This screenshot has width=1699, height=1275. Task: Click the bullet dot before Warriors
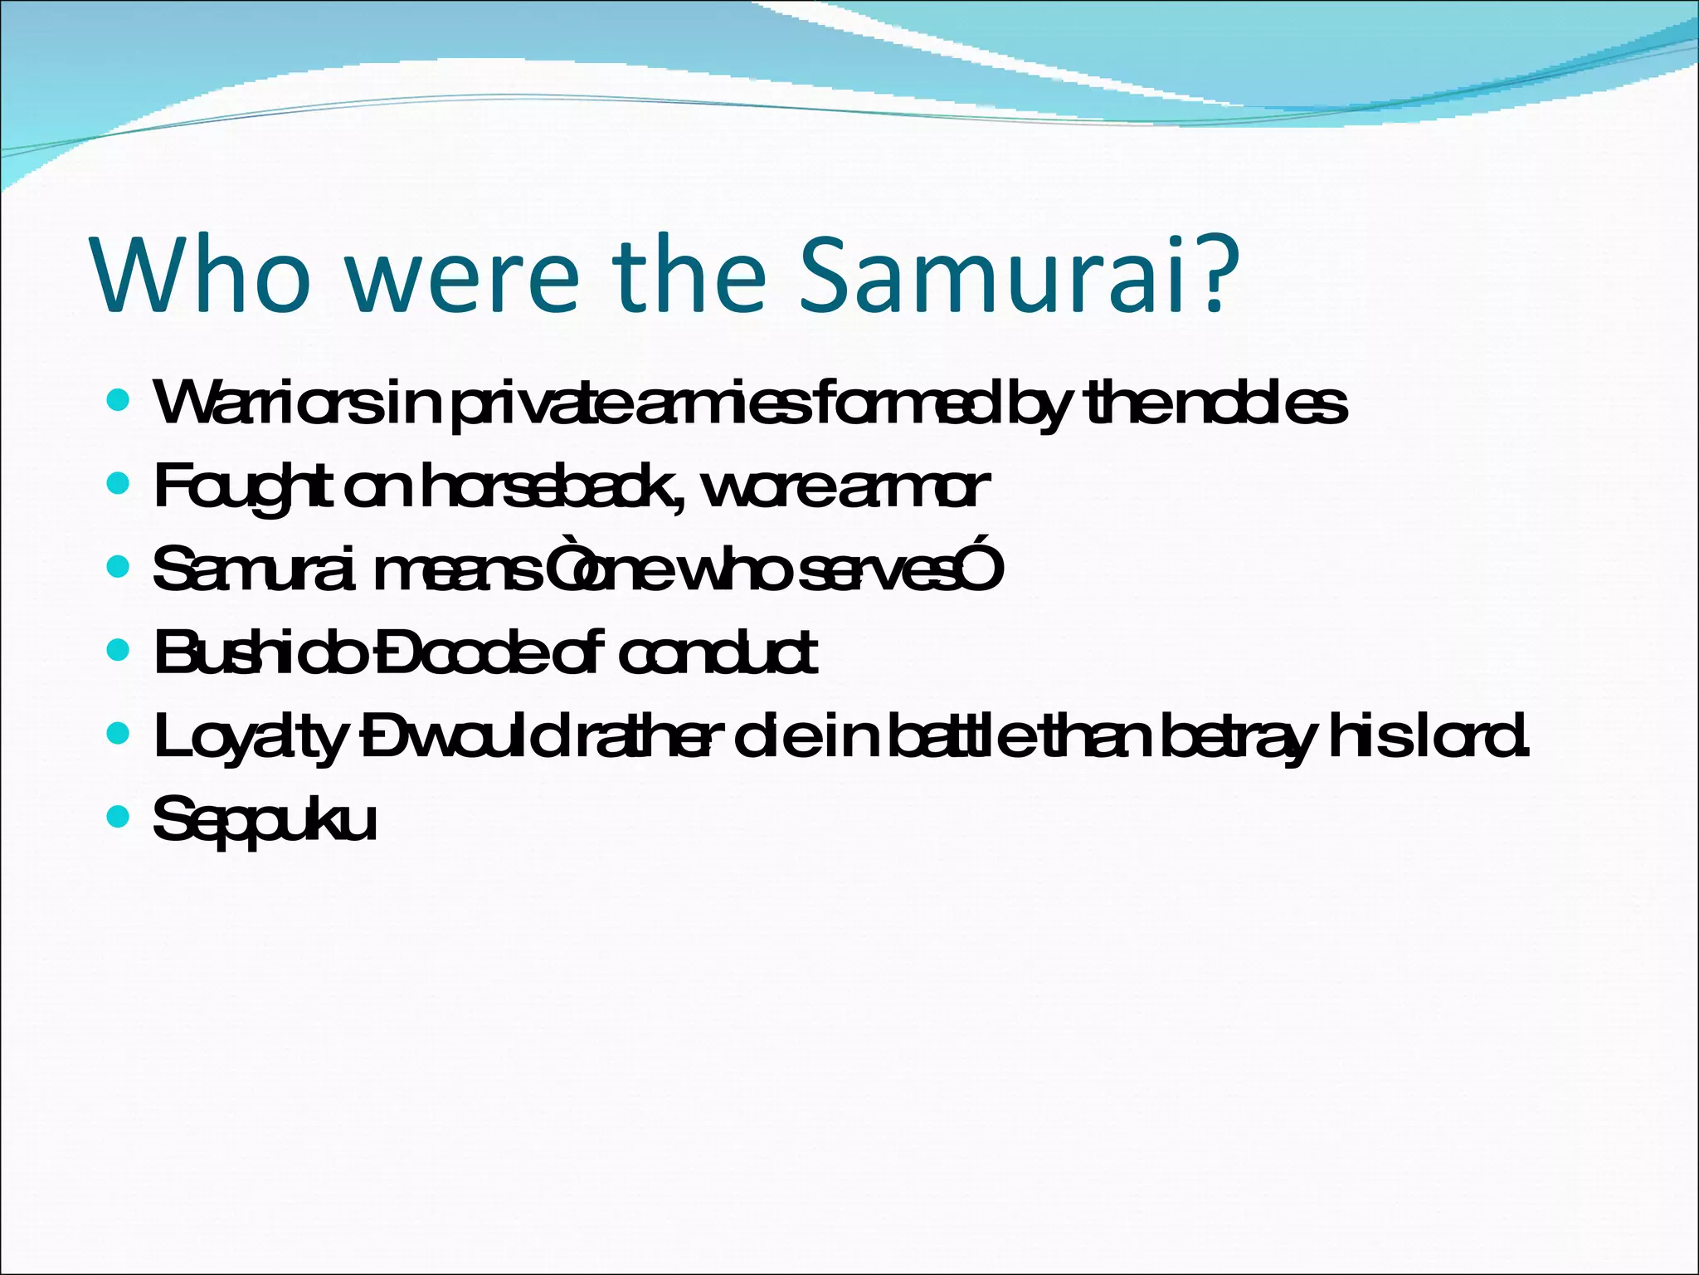(x=119, y=401)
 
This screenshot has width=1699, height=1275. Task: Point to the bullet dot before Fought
(x=119, y=484)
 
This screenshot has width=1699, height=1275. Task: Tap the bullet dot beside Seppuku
(x=119, y=817)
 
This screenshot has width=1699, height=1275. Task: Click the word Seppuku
(x=265, y=820)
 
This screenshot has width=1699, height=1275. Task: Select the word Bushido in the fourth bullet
(x=258, y=652)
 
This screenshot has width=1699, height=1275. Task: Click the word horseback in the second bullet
(x=551, y=486)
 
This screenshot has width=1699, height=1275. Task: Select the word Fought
(x=245, y=488)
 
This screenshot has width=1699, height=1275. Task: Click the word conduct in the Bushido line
(x=718, y=652)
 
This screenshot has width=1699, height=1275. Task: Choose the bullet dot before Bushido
(x=119, y=649)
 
